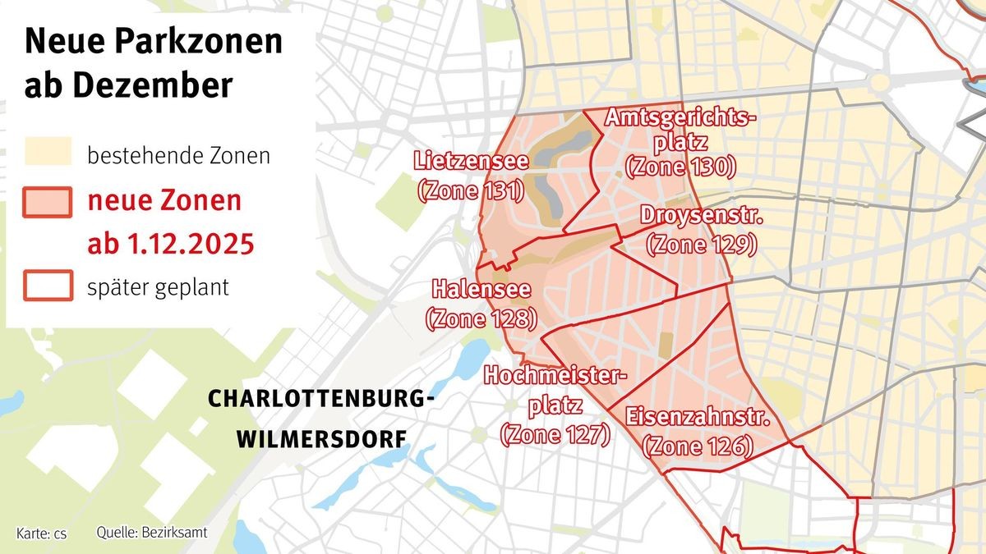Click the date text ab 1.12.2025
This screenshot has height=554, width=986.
[x=170, y=245]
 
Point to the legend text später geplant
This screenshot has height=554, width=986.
[x=158, y=288]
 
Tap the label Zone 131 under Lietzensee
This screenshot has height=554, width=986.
[x=470, y=191]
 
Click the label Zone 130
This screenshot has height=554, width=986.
[x=680, y=167]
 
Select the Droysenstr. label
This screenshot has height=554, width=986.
[x=702, y=217]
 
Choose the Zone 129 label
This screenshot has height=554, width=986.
[x=701, y=244]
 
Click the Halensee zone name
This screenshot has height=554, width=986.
[x=481, y=290]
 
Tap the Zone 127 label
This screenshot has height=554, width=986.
[x=555, y=434]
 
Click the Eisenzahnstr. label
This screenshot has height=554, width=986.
[x=698, y=418]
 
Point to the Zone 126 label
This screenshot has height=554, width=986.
[x=698, y=446]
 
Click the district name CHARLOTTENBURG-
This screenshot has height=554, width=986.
[x=320, y=400]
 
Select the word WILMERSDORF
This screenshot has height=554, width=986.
[x=321, y=439]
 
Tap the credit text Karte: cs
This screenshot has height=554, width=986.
[x=41, y=533]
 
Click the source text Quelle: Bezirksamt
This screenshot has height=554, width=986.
[x=152, y=533]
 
